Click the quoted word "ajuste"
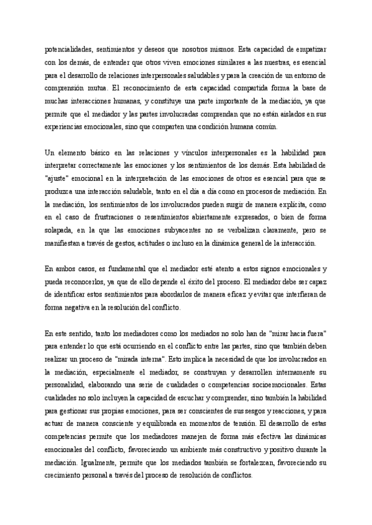coord(61,178)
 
